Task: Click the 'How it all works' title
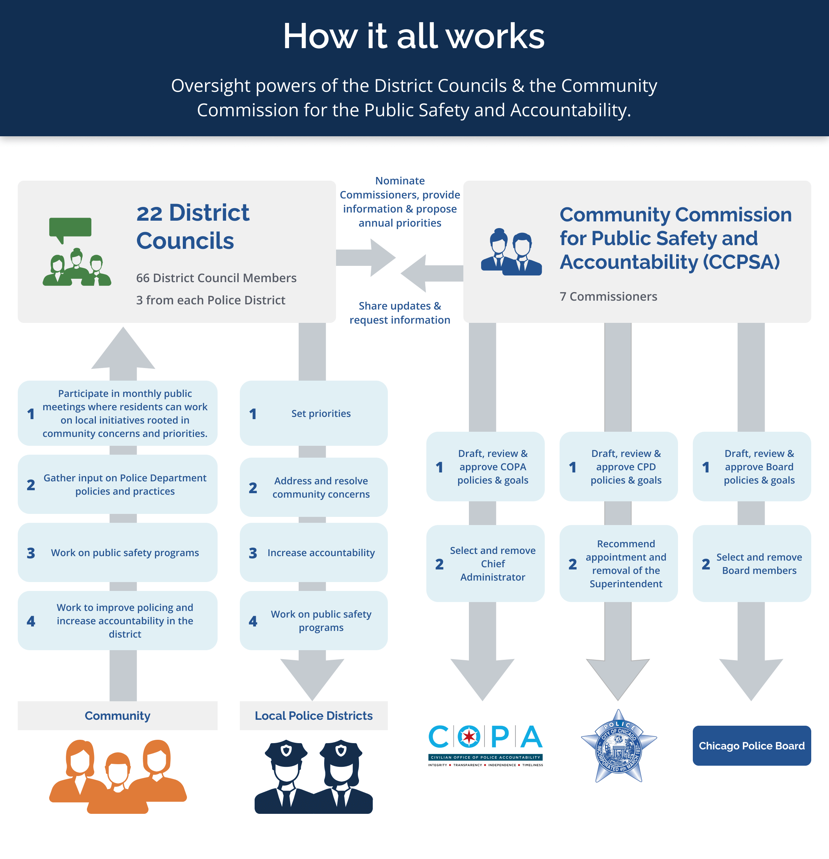(x=414, y=36)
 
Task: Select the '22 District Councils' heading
(x=193, y=226)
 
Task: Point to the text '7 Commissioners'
(x=608, y=296)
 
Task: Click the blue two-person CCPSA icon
(x=511, y=253)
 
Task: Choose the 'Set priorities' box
(x=314, y=413)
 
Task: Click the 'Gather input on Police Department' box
(x=117, y=484)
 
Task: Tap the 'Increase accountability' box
(x=314, y=553)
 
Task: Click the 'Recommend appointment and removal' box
(x=619, y=564)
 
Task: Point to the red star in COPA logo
(x=469, y=737)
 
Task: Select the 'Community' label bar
(x=117, y=716)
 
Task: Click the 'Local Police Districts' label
(x=314, y=716)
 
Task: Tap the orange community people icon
(x=117, y=776)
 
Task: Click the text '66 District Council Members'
(x=216, y=278)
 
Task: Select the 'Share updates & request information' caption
(x=400, y=313)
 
